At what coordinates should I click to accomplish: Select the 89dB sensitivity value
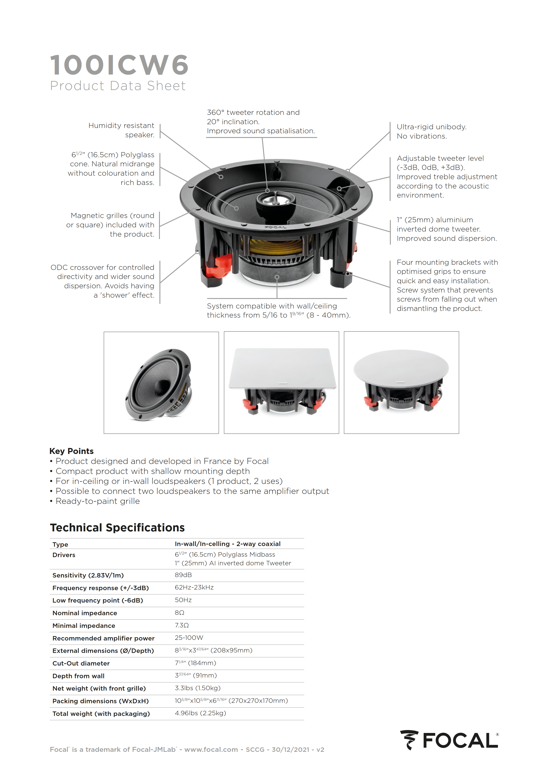click(183, 575)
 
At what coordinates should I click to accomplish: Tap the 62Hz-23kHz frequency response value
click(194, 587)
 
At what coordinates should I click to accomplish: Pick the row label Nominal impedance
click(85, 613)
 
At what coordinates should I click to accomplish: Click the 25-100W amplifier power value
click(189, 638)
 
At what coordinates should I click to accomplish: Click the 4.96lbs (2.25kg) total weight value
click(200, 713)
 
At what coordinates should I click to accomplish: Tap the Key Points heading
click(71, 451)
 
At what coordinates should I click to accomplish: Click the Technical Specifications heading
click(117, 528)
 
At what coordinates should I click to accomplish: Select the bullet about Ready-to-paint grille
click(98, 501)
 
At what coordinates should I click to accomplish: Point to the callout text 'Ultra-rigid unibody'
click(431, 127)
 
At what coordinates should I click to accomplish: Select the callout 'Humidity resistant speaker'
click(121, 130)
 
